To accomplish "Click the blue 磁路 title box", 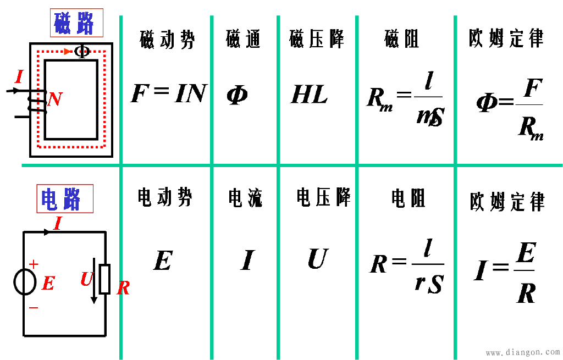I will (76, 23).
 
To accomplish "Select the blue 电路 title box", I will (64, 199).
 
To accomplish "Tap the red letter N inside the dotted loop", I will (54, 99).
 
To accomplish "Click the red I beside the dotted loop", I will (19, 77).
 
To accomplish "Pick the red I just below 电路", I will (57, 224).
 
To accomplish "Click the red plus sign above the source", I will (34, 264).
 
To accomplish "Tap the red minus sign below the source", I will (34, 308).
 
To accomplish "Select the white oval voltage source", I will (25, 282).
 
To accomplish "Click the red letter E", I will (48, 284).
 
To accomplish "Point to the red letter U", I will (86, 279).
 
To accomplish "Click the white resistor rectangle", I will (104, 279).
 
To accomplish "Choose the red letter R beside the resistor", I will (123, 288).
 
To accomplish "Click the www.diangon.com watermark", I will (522, 352).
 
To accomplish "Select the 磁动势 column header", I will (166, 40).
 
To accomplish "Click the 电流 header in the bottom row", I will (245, 198).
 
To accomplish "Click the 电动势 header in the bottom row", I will (165, 197).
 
